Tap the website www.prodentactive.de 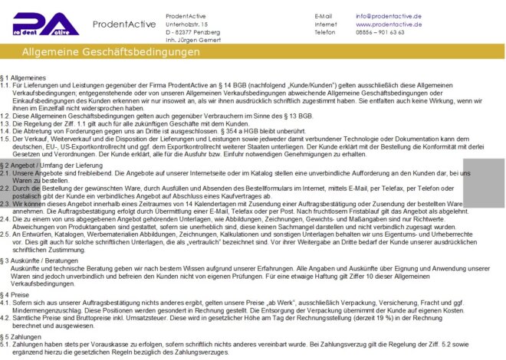pyautogui.click(x=389, y=25)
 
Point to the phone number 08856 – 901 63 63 pyautogui.click(x=380, y=32)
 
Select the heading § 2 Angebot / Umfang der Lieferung pyautogui.click(x=52, y=165)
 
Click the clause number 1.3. pyautogui.click(x=5, y=123)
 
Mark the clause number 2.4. pyautogui.click(x=5, y=218)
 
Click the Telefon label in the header pyautogui.click(x=325, y=32)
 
